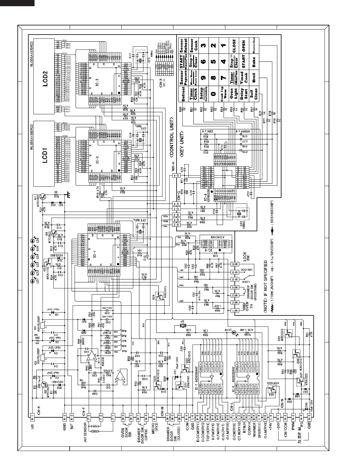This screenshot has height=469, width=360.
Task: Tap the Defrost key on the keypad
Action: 184,94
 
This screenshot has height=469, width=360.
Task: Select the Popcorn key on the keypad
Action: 185,78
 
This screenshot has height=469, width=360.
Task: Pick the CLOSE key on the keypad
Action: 234,46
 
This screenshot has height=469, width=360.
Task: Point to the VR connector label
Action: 32,426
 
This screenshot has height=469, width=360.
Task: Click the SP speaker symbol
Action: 183,326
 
